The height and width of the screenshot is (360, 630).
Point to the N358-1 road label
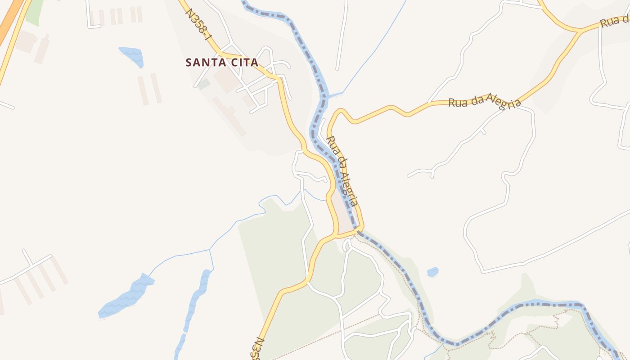(x=198, y=24)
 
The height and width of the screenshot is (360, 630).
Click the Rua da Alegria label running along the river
(x=343, y=171)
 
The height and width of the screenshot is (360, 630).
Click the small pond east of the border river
(x=432, y=272)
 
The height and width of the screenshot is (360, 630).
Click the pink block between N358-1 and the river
(x=344, y=216)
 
